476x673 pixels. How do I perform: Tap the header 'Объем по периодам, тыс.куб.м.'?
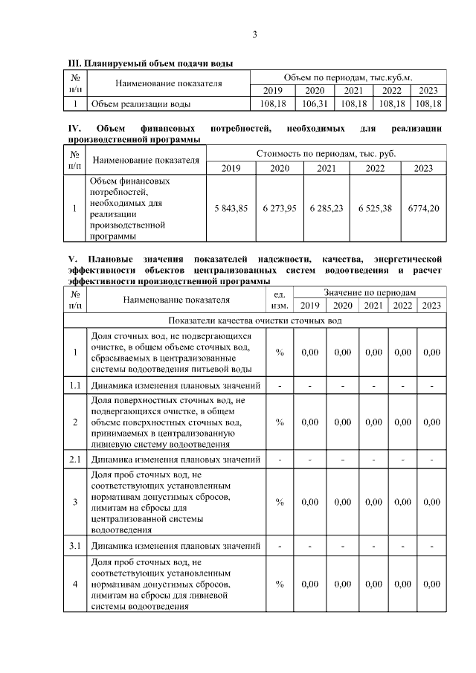[x=347, y=77]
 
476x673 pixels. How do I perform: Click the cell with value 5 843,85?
[x=230, y=209]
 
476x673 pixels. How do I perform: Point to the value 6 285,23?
[x=327, y=209]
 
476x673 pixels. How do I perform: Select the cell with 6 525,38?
[x=375, y=209]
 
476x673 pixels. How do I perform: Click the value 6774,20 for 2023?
[x=423, y=209]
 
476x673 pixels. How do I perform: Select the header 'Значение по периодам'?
[x=369, y=293]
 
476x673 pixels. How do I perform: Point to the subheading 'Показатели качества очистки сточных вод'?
[x=254, y=321]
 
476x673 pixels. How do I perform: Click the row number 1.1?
[x=74, y=386]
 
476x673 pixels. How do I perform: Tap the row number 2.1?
[x=74, y=459]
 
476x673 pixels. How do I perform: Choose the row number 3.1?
[x=74, y=546]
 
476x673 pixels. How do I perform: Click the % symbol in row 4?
[x=280, y=584]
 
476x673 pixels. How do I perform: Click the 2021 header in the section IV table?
[x=327, y=168]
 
